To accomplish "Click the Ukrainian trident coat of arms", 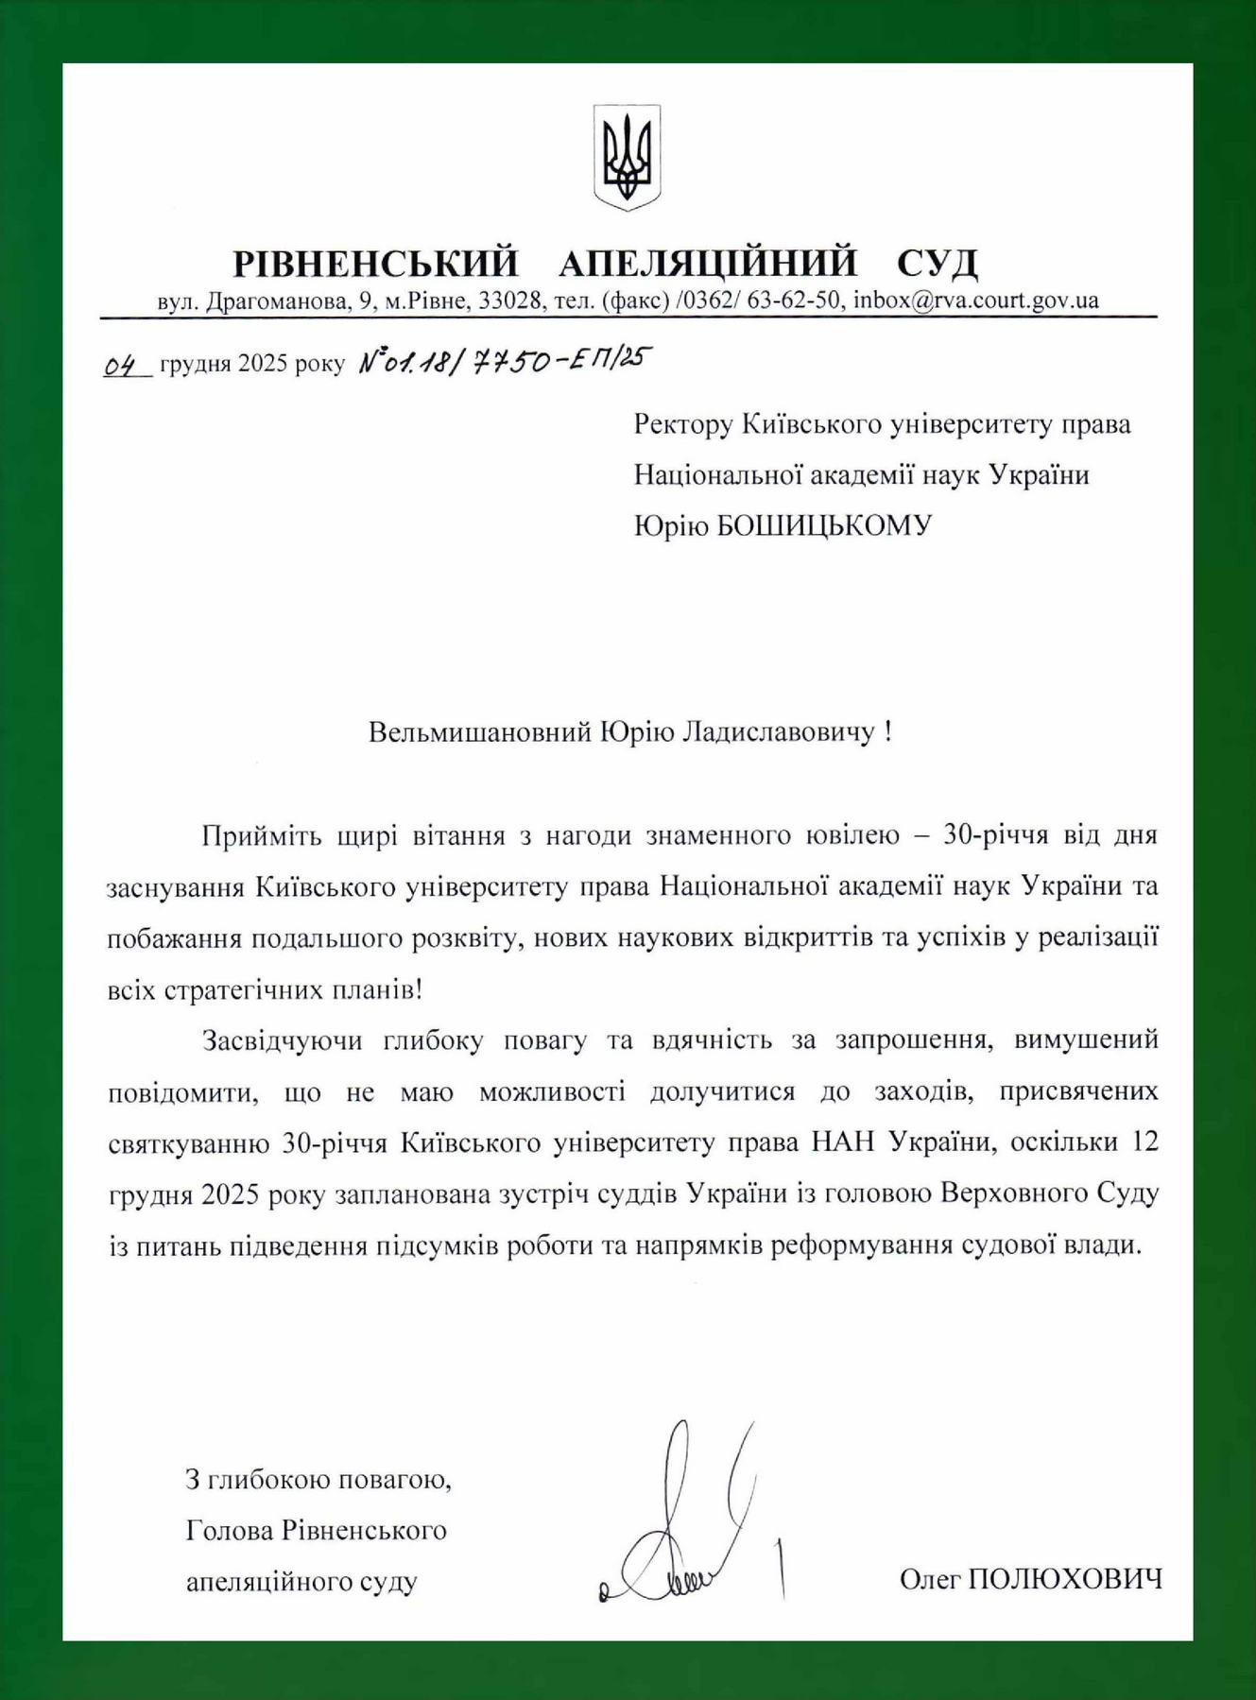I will [627, 157].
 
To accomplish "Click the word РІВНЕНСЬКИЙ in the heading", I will [376, 264].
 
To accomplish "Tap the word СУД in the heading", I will [937, 264].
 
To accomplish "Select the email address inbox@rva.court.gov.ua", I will [975, 301].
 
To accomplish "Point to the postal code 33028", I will [510, 301].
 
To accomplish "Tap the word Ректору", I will [682, 424].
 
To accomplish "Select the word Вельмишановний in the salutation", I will [479, 732].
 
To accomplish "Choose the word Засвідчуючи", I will [283, 1040].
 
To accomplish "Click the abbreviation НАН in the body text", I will [844, 1142].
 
